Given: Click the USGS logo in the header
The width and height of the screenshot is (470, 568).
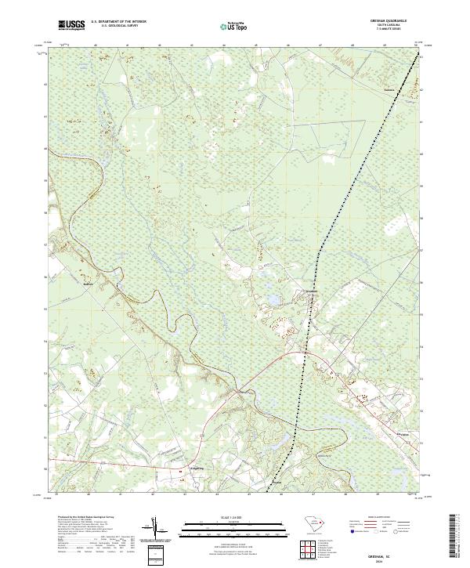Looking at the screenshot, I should (x=71, y=25).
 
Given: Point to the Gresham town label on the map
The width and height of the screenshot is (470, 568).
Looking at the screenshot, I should (x=312, y=291).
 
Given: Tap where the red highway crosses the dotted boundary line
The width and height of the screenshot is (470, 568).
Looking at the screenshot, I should (x=303, y=357).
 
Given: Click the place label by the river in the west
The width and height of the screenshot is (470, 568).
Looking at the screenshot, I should (x=89, y=284).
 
